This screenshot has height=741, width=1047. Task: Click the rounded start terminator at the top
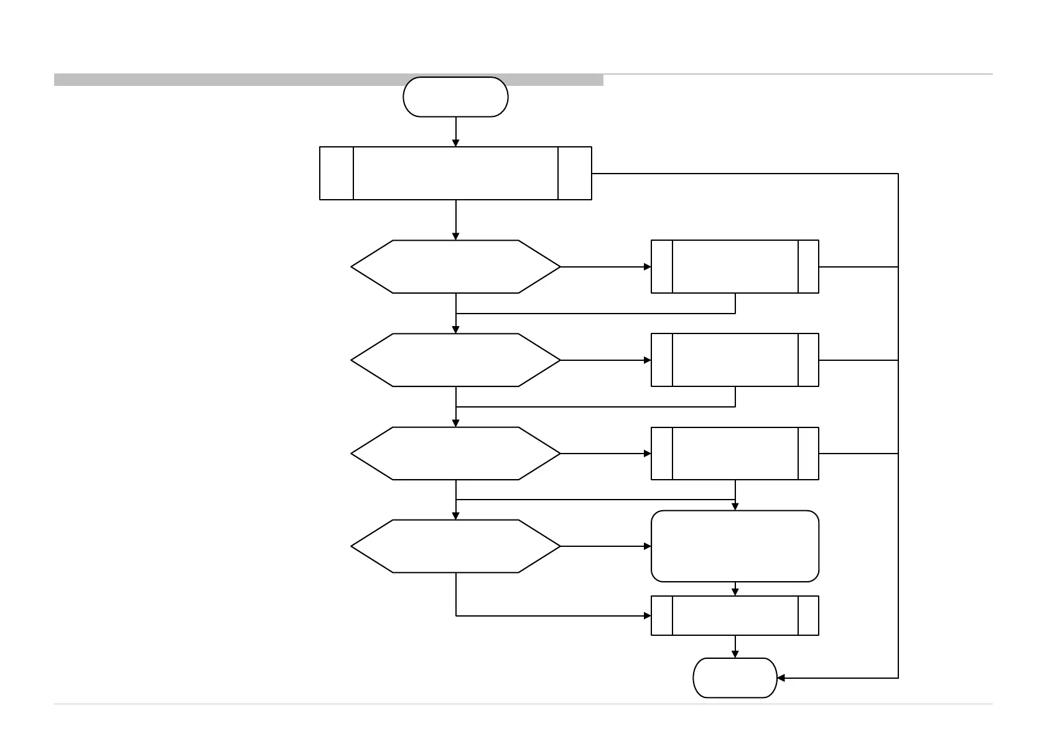455,97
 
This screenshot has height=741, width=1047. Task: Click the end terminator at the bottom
735,678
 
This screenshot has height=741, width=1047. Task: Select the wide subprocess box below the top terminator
455,173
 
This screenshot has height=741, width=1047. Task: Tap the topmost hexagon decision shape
455,266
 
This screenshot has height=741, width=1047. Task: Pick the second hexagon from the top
455,360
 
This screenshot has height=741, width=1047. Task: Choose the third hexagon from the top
455,453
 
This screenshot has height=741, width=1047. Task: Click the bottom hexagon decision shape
455,546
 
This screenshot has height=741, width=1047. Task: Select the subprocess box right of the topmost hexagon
735,266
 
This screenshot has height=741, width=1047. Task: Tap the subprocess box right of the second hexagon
735,360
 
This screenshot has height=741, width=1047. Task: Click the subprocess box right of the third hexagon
735,453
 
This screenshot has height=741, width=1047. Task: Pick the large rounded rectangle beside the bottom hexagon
735,546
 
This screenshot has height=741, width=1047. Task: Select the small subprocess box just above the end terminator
735,615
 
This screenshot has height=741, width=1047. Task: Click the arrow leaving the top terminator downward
455,131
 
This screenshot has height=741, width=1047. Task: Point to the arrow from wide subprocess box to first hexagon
455,220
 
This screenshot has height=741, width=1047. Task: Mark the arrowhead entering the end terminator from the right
782,678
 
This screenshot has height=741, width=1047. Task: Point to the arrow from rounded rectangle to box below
735,589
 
